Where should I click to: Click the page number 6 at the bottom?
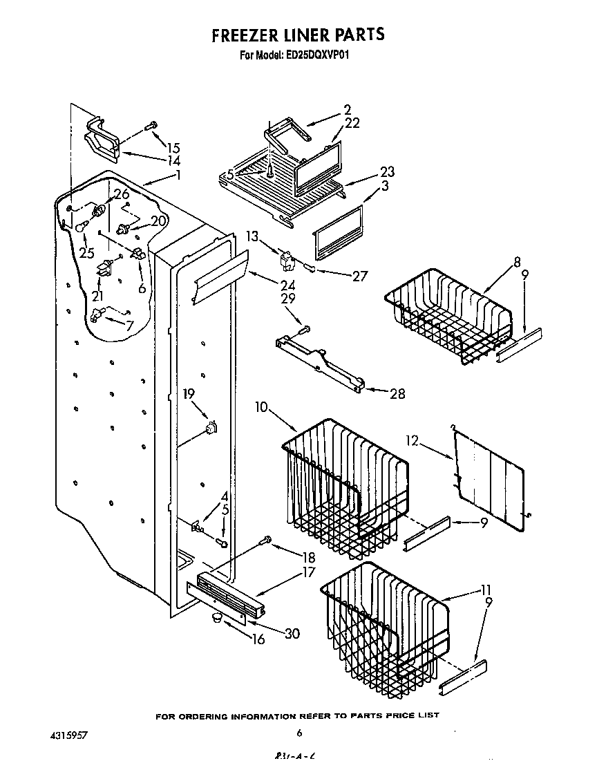pos(299,733)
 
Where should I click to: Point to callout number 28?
pos(397,394)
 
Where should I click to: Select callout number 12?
pos(412,439)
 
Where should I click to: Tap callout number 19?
pos(189,395)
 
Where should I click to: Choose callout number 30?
pos(292,632)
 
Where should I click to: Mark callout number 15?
pos(173,147)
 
